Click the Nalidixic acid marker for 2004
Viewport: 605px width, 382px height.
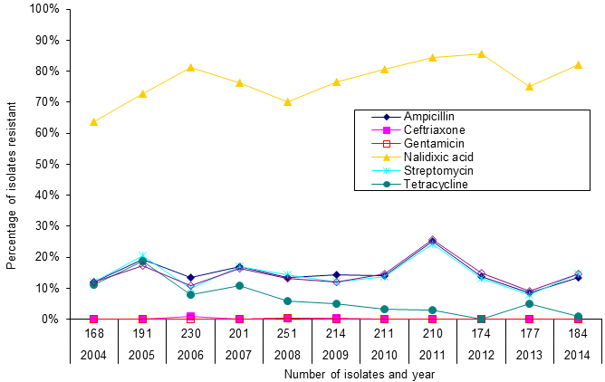(93, 121)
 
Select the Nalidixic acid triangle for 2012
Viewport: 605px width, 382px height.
(481, 53)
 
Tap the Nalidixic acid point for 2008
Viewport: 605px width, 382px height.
(287, 101)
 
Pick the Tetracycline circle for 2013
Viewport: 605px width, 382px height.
(529, 303)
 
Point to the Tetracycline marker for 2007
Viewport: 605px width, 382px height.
(238, 285)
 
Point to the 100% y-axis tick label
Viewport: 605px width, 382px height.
(44, 9)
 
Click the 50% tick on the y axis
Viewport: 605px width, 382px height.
(47, 164)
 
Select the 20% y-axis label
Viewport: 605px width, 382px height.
(47, 257)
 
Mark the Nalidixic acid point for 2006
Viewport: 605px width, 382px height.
(190, 67)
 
